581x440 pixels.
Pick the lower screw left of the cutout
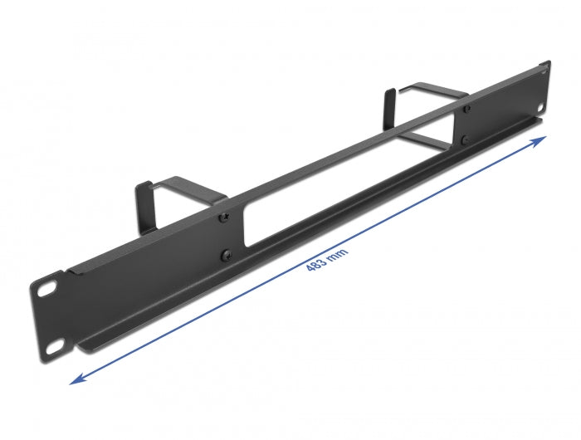225,255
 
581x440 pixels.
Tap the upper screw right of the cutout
466,108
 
